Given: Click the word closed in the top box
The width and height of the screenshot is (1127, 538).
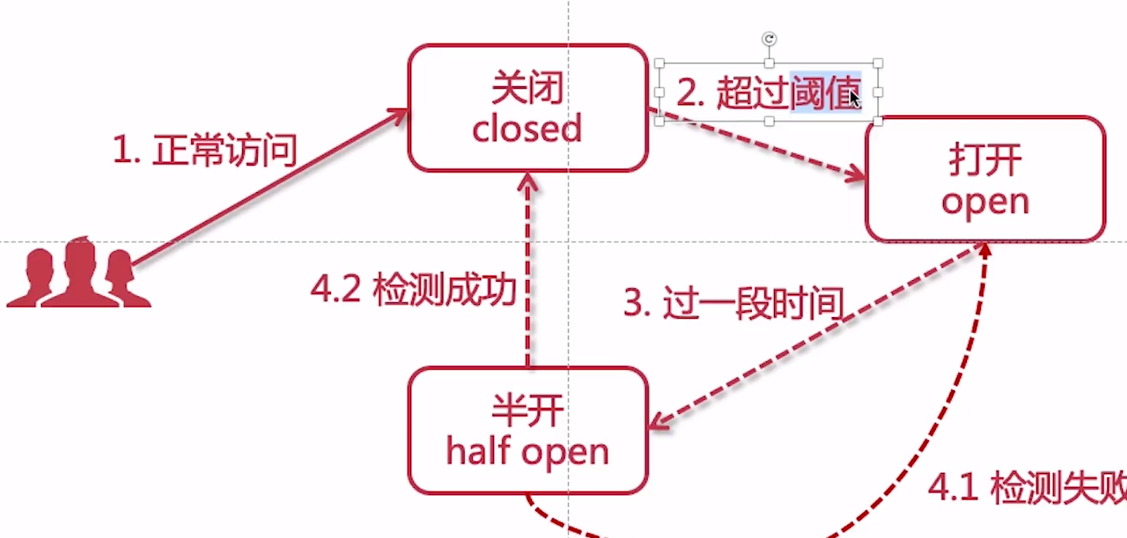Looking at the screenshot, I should tap(526, 129).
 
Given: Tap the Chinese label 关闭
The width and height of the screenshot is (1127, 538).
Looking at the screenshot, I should tap(527, 88).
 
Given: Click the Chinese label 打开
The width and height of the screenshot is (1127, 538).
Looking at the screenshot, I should tap(985, 161).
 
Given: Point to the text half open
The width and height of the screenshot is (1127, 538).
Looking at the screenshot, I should tap(527, 452).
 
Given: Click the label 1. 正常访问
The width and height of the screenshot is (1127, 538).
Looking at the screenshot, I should tap(204, 151).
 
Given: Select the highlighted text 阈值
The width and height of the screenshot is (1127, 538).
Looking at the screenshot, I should tap(825, 93).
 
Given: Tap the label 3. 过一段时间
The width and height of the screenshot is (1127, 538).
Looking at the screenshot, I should tap(733, 303).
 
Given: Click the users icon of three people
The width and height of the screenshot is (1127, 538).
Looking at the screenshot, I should tap(79, 274).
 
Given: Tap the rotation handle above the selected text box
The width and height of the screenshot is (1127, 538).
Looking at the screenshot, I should tap(769, 39).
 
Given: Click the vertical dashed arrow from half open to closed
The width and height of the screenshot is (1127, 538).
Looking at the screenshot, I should tap(529, 271).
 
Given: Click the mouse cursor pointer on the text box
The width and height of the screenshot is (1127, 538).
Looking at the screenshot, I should tap(854, 99).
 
